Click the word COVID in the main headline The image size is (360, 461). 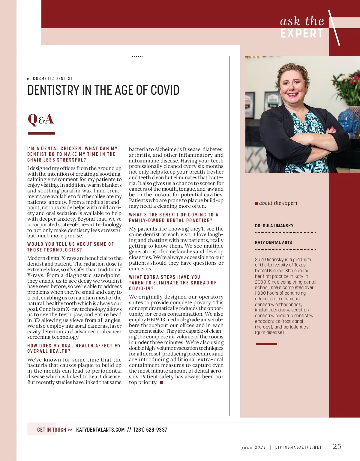pos(165,90)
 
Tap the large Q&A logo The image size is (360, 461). pos(40,119)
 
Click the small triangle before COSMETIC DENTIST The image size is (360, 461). pos(28,79)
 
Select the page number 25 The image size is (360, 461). pos(337,446)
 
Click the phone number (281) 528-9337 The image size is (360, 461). pos(150,430)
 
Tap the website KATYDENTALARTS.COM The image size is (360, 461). pos(100,430)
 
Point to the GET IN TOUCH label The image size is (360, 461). pos(52,430)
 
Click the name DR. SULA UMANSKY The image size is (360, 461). pos(274,226)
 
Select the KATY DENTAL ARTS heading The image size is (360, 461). pos(273,242)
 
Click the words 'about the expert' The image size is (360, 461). pos(278,203)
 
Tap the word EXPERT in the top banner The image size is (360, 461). pos(302,34)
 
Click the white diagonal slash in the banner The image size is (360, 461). pos(334,28)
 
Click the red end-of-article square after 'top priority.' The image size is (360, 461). pos(162,382)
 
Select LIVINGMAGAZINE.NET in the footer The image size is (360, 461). pos(298,447)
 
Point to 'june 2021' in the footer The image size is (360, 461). pos(254,447)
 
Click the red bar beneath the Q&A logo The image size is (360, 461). pos(41,133)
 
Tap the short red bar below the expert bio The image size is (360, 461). pos(266,344)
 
